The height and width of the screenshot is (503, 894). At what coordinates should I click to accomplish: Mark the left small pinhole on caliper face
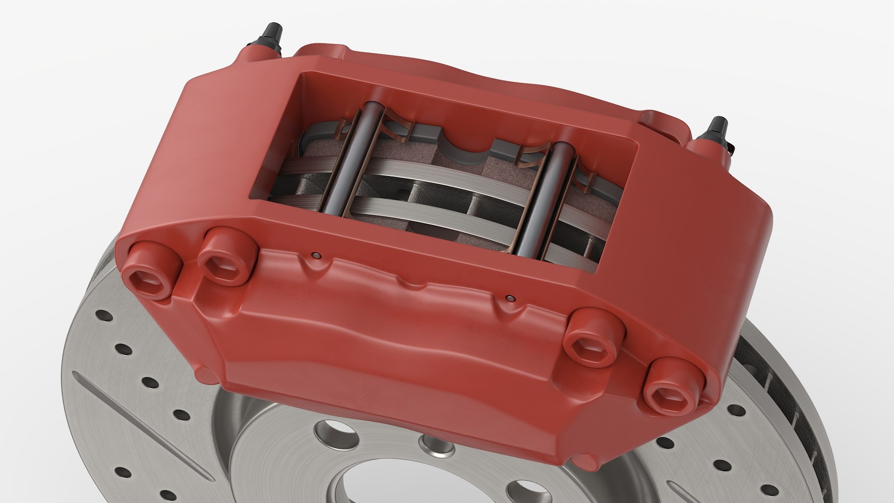click(x=316, y=255)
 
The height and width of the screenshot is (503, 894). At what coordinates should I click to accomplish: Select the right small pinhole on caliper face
click(x=511, y=298)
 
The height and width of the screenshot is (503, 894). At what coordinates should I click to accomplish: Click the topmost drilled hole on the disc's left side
click(x=105, y=317)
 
